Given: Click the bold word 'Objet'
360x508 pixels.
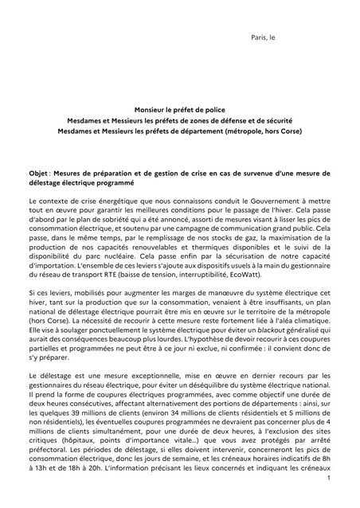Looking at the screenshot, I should (x=38, y=172).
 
